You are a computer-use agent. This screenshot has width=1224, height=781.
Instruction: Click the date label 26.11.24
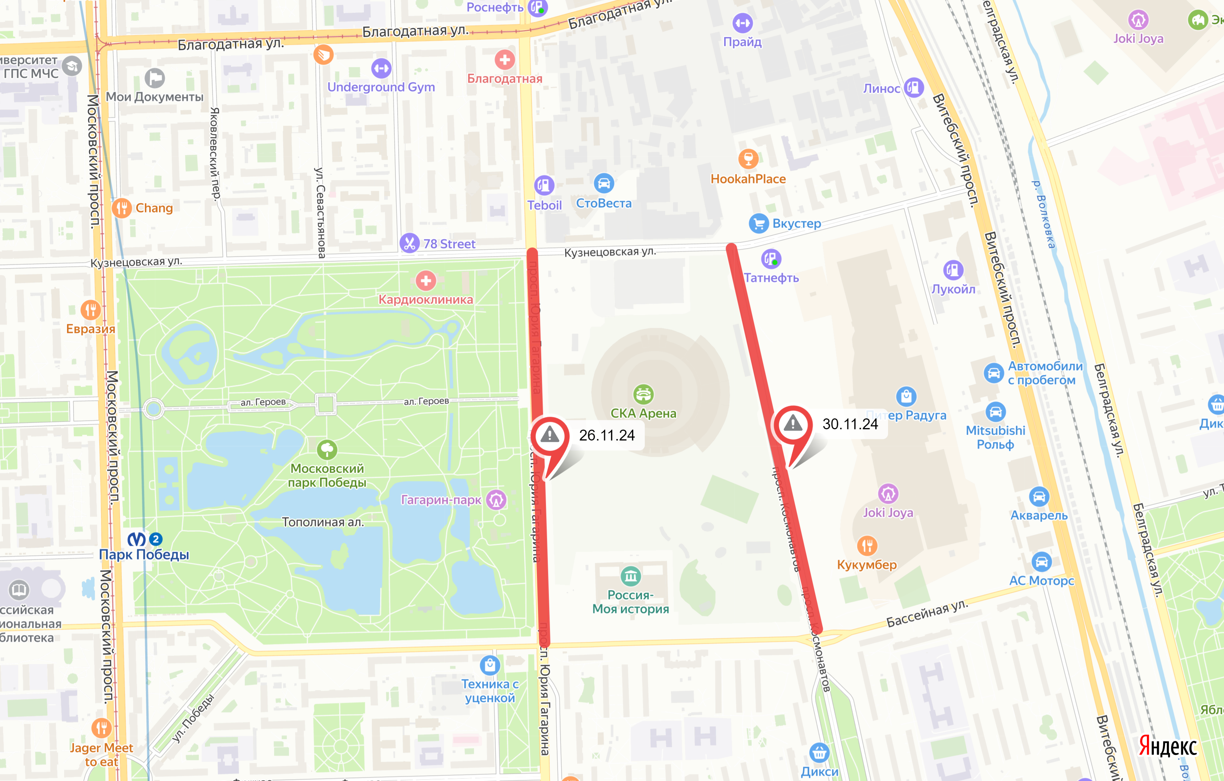pos(607,435)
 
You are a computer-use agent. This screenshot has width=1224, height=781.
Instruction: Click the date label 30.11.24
pos(850,424)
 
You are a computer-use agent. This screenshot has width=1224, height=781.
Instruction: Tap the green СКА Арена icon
pos(643,394)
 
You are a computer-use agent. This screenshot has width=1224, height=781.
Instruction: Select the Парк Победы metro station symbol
pos(136,539)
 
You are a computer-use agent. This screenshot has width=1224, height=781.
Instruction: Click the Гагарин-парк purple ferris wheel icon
pos(496,500)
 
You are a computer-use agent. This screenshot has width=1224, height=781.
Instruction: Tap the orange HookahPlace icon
pos(748,159)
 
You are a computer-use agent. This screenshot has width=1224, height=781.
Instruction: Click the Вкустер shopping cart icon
pos(758,223)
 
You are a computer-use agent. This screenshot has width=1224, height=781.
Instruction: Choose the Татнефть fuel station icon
pos(771,259)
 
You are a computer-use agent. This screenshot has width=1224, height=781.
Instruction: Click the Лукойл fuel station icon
pos(952,270)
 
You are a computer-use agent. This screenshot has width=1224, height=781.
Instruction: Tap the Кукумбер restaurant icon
pos(867,546)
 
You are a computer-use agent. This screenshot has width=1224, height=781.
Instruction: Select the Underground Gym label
pos(381,87)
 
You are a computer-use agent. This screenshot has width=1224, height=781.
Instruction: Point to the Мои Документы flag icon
pos(155,78)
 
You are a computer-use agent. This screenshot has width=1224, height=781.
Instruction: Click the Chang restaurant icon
pos(122,208)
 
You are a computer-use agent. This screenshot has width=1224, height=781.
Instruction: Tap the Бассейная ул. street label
pos(927,614)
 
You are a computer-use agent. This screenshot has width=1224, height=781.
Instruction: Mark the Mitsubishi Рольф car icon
pos(995,412)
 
